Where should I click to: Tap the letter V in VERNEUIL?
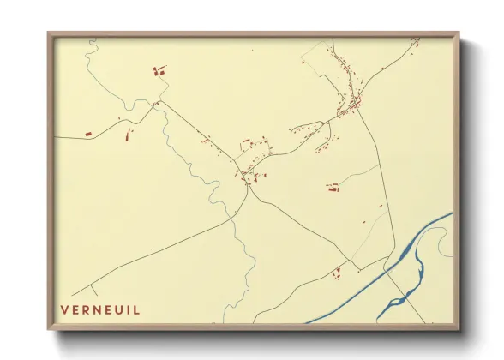(x=64, y=309)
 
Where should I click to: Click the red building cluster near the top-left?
(x=159, y=71)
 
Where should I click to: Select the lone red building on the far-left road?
(x=87, y=134)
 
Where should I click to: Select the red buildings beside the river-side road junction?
(x=337, y=273)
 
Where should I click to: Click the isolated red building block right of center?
(x=333, y=187)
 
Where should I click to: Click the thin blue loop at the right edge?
(x=444, y=244)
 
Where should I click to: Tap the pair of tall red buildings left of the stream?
(x=129, y=133)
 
